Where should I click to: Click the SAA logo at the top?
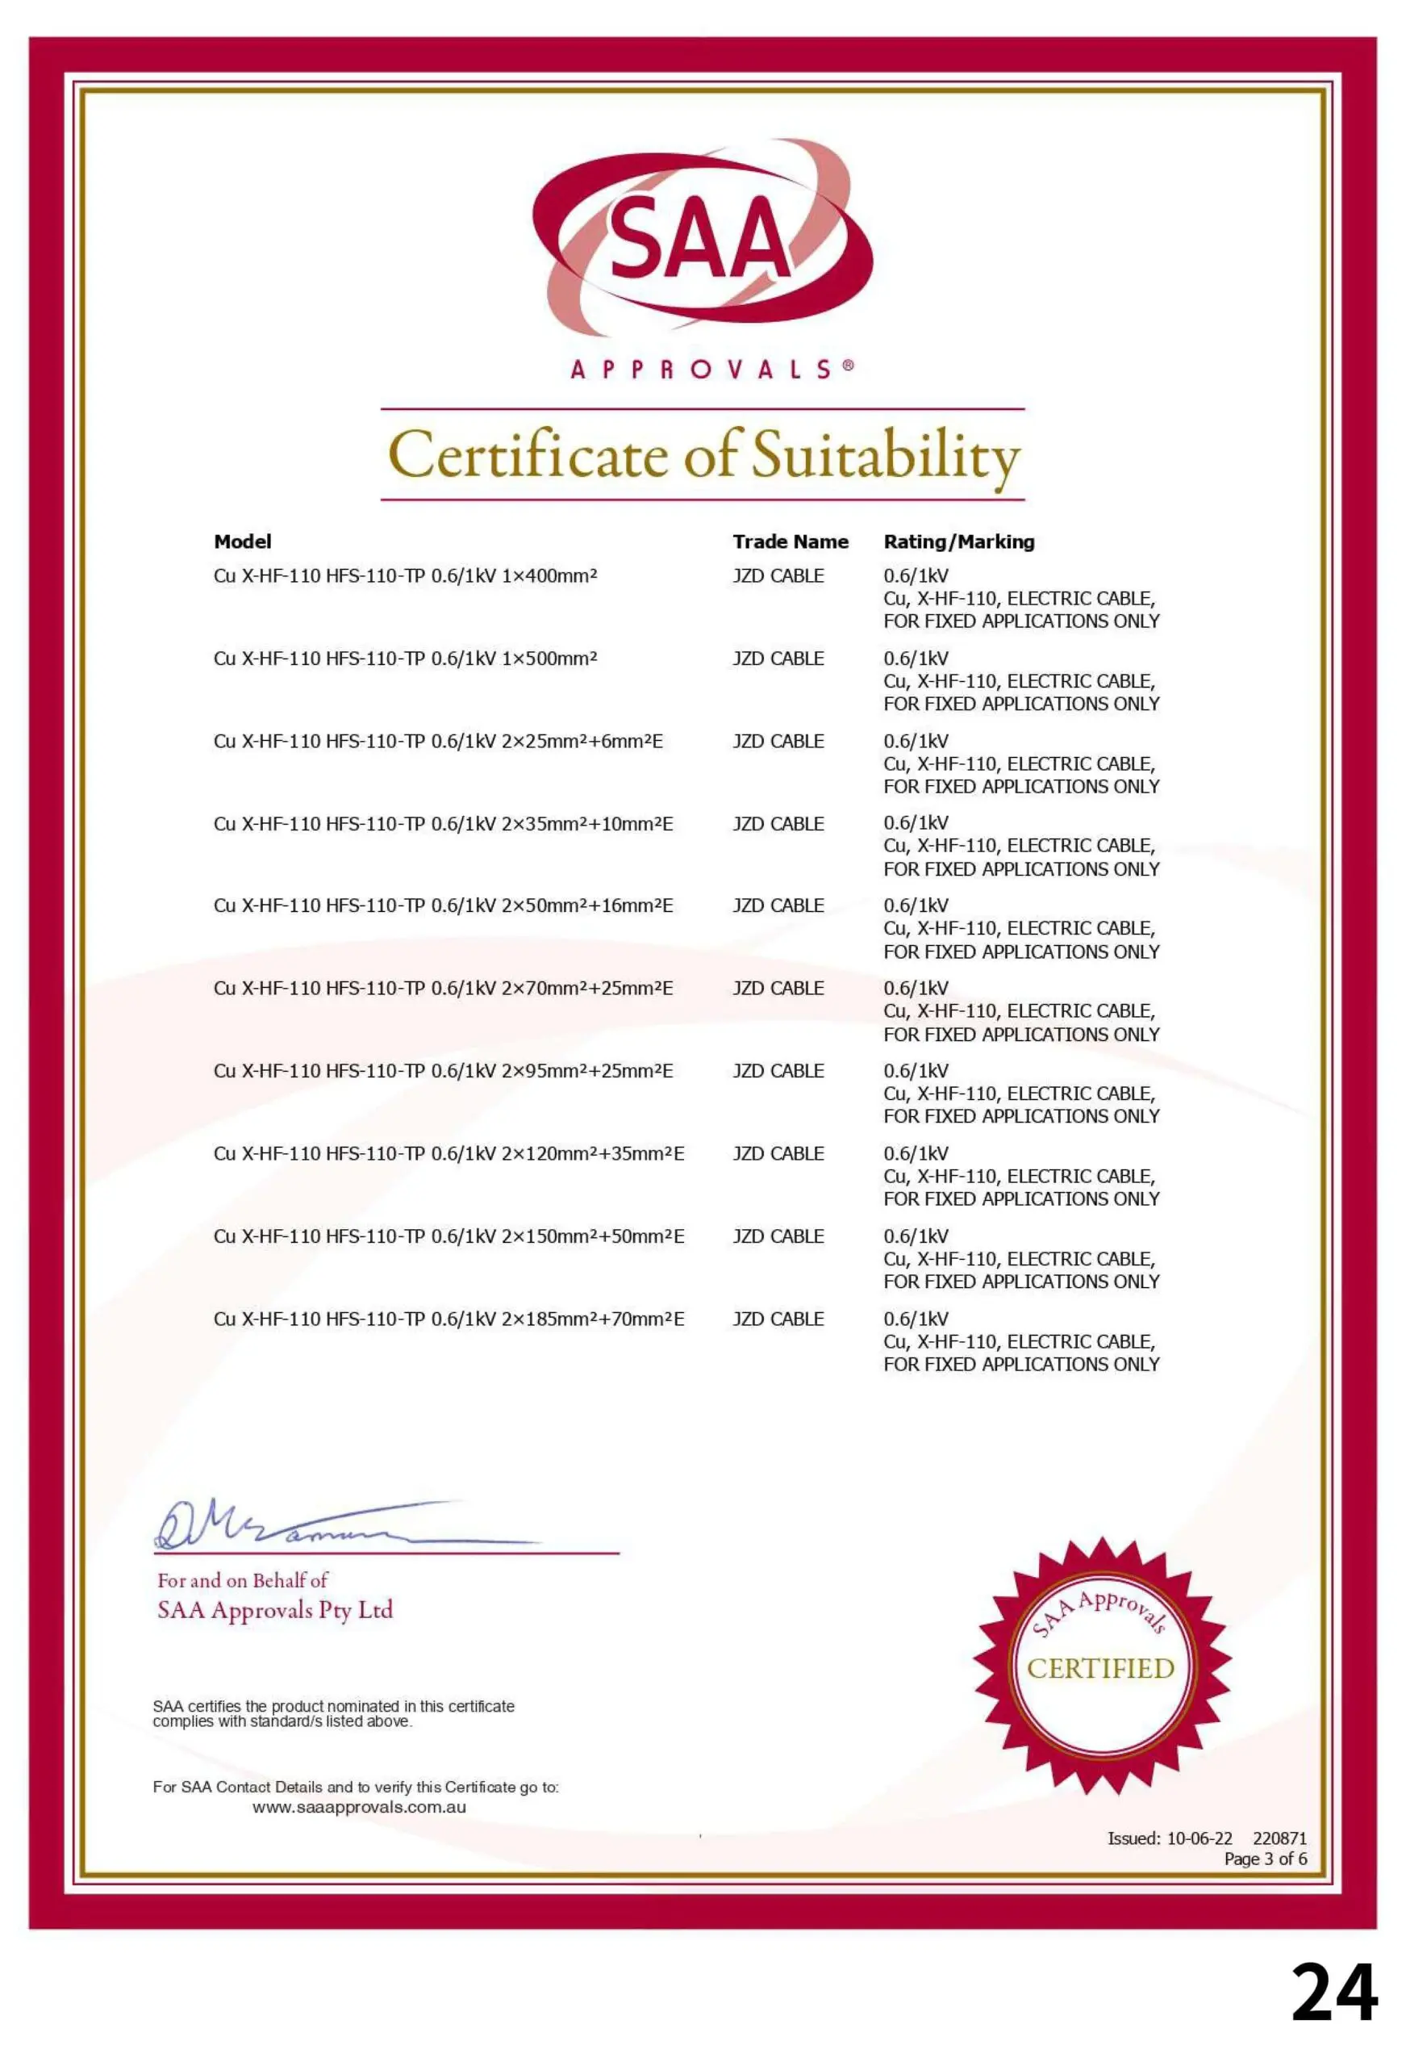[702, 238]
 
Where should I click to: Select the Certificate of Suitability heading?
[703, 455]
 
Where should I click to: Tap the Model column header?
[243, 542]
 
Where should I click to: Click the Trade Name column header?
[790, 542]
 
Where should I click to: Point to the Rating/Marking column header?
[958, 542]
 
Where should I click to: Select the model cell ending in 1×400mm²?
[405, 576]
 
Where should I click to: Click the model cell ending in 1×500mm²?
[405, 659]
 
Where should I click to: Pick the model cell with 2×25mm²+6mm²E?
[438, 742]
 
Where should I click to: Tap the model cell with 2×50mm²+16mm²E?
[443, 905]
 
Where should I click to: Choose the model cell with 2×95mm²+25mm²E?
[443, 1071]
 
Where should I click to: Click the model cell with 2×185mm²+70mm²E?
[449, 1319]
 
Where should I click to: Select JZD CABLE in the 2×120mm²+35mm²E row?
[778, 1154]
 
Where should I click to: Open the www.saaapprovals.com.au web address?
[359, 1807]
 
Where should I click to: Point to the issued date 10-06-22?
[1199, 1838]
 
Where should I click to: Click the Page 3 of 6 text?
[1265, 1859]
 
